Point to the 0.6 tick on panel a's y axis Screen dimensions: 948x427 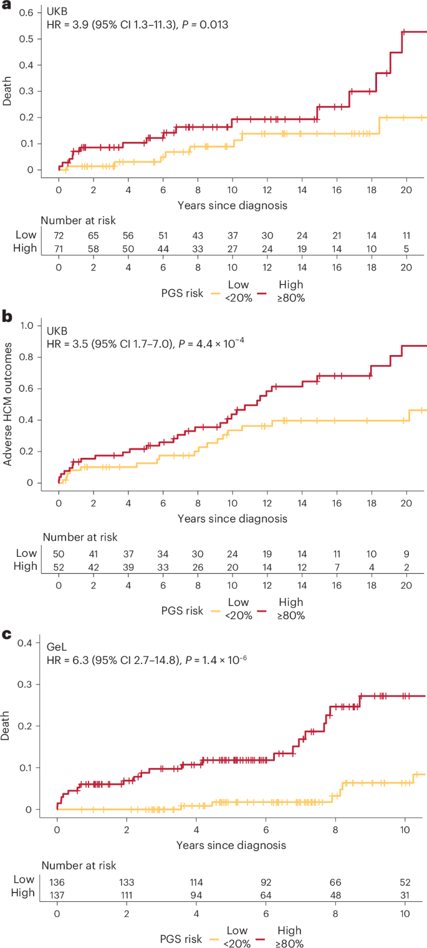click(x=28, y=12)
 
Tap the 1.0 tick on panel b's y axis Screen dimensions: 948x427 click(x=28, y=325)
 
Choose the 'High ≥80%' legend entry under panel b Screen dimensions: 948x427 click(x=291, y=607)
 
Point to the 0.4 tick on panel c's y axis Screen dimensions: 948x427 click(x=28, y=642)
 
